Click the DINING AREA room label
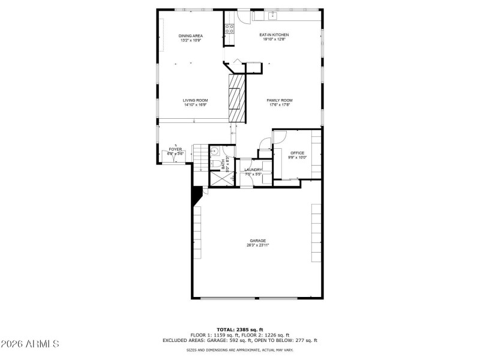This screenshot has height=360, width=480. [x=190, y=36]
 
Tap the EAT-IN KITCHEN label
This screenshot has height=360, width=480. [x=273, y=35]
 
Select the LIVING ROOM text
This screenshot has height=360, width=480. [x=195, y=100]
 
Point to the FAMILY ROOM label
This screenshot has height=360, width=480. [x=279, y=100]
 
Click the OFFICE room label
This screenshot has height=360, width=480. [x=298, y=153]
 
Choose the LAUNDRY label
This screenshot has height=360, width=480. [x=253, y=170]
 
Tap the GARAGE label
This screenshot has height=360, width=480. [x=258, y=241]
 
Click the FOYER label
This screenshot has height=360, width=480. [x=175, y=149]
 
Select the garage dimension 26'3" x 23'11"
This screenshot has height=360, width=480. [x=258, y=245]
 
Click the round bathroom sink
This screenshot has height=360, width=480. [x=214, y=151]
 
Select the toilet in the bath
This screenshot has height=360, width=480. [x=214, y=163]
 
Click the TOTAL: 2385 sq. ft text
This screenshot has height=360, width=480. [x=240, y=329]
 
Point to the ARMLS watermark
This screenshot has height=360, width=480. [x=30, y=344]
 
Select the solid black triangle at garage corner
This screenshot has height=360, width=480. [x=195, y=195]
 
